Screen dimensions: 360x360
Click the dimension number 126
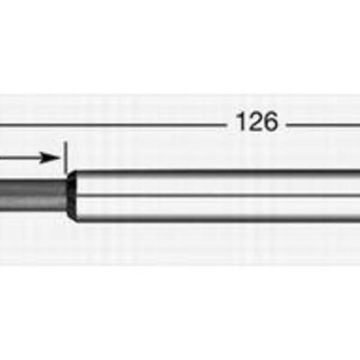click(x=257, y=122)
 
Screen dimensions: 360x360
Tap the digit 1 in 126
click(x=242, y=122)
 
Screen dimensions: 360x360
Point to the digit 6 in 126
click(x=271, y=122)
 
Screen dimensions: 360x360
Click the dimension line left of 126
click(x=113, y=125)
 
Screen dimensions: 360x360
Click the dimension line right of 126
click(x=323, y=125)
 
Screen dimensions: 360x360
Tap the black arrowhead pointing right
click(x=49, y=158)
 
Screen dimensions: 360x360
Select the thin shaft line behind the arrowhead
click(x=20, y=158)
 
